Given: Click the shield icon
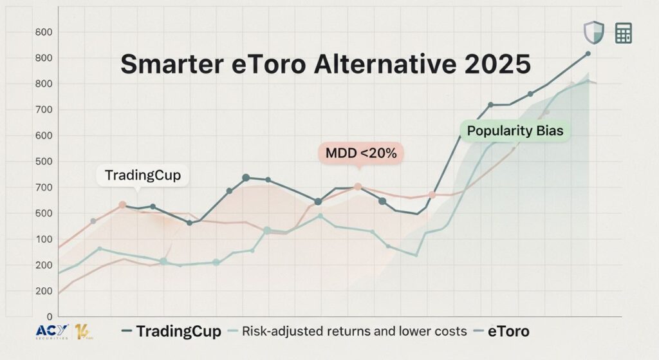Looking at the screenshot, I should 593,32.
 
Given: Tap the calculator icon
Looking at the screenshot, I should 623,33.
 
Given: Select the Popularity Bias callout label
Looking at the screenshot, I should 515,131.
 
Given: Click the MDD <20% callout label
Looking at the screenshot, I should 361,153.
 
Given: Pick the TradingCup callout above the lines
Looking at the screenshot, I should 143,175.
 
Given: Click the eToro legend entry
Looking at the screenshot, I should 508,332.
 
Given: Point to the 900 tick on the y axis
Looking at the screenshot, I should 44,58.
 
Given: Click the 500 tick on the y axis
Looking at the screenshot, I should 44,162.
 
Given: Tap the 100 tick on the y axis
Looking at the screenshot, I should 44,239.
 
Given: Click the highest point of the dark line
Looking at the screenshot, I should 588,54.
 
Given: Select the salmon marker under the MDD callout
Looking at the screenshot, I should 358,187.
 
